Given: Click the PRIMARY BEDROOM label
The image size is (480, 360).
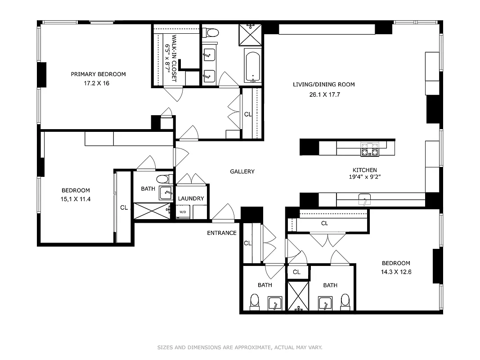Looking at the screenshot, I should pos(98,74).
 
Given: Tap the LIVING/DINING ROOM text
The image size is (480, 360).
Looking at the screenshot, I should pos(323,85).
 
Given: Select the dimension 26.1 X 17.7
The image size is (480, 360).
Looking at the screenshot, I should pos(323,94).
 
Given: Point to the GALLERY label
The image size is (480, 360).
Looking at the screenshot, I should pos(242,171).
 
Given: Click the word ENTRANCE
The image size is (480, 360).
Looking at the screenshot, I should pos(221,233).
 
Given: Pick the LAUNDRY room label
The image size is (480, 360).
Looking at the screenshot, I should pos(191,198).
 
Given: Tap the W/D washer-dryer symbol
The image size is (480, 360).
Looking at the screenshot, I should pos(183,212).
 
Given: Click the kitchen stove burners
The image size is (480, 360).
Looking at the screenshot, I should pos(369,148).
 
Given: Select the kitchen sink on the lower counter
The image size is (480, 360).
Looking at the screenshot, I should pos(364,199).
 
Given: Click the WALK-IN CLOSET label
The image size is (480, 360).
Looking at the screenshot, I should pos(170,58).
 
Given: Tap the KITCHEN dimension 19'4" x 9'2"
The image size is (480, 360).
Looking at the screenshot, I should pos(364,177).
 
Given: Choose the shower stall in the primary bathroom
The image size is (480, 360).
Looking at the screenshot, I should pos(251,34).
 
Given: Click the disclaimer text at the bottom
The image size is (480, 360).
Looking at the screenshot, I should pos(240,347).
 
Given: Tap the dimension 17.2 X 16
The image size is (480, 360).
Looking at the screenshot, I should pos(96,83).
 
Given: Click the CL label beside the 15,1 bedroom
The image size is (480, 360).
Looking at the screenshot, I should pos(124,208).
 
